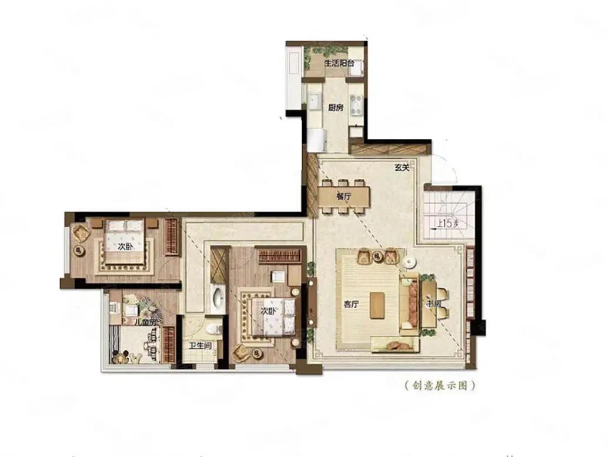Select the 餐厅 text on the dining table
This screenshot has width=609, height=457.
344,198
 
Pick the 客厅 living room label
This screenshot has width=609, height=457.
352,305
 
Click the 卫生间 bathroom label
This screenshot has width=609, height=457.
200,346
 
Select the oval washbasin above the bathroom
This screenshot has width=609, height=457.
217,298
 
